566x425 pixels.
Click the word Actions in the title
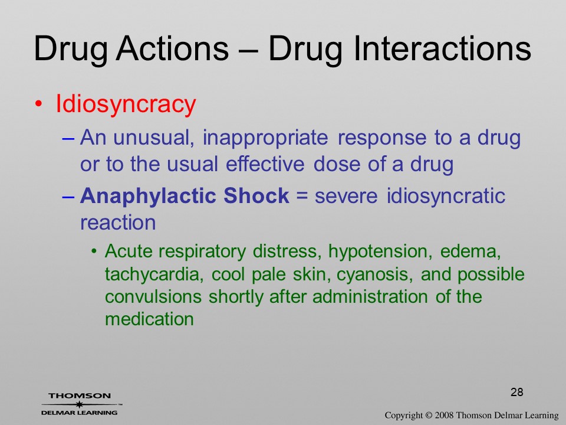coord(172,48)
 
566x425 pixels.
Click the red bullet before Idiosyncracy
coord(38,104)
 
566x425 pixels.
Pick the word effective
coord(265,164)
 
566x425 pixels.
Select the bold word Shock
coord(256,195)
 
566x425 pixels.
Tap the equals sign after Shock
coord(302,196)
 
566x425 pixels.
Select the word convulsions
coord(153,297)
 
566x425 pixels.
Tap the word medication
coord(149,319)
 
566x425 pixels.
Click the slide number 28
coord(517,392)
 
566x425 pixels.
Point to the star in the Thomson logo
coord(78,404)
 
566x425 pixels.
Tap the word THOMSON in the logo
coord(80,395)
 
